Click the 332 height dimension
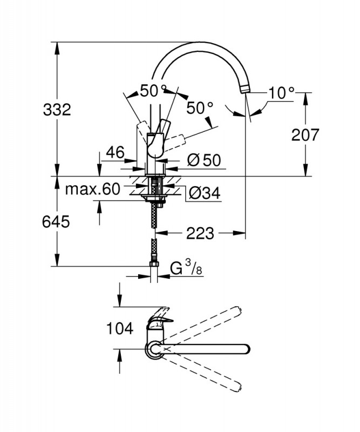[x=57, y=110]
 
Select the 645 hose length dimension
[x=57, y=221]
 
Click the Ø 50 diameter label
[x=204, y=160]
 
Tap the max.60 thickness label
[x=92, y=189]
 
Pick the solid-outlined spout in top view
[x=205, y=348]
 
